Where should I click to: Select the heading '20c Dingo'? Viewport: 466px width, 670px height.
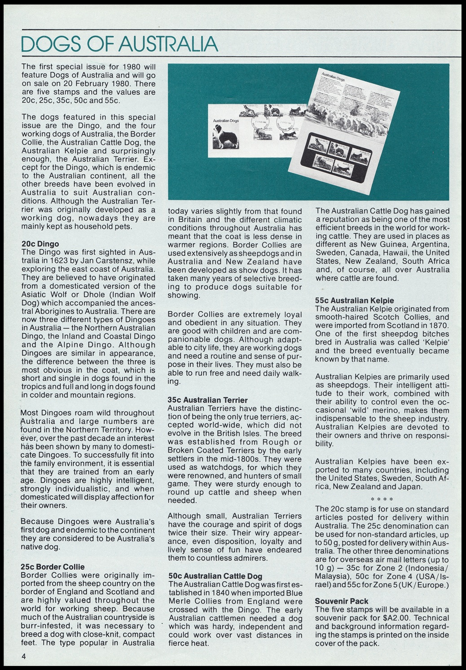coord(40,244)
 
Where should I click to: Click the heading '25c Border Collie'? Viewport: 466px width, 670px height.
coord(53,567)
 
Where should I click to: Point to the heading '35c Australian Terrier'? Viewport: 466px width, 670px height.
coord(207,400)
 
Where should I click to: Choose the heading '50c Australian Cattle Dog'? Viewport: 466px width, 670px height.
coord(215,576)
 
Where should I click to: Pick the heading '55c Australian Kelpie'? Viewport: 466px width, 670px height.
coord(355,300)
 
